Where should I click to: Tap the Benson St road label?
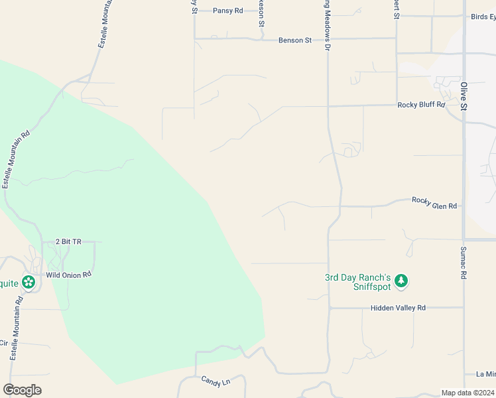[294, 40]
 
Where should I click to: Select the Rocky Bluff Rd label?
[421, 105]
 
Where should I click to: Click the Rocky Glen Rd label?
[434, 202]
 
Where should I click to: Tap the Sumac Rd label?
[464, 263]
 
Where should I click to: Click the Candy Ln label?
[215, 381]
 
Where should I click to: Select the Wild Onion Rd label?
[68, 274]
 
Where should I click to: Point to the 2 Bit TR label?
[68, 242]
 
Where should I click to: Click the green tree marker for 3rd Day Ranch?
[401, 282]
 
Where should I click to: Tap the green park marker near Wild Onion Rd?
[29, 283]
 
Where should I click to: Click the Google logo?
[22, 390]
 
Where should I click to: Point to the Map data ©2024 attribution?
[467, 392]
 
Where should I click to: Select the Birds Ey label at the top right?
[483, 17]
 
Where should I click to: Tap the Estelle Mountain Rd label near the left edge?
[16, 159]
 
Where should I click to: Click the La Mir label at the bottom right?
[486, 374]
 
